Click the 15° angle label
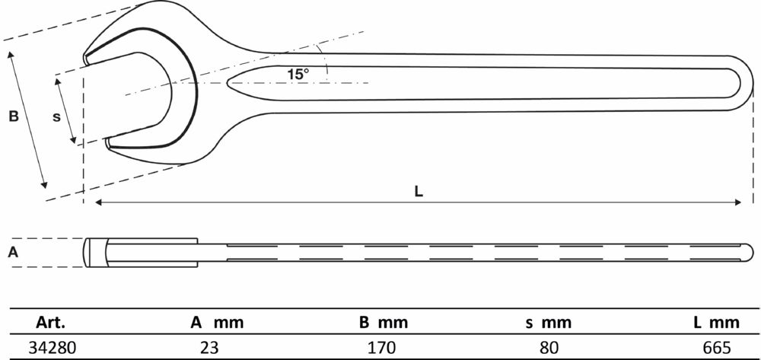tap(298, 75)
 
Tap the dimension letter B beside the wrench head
tap(14, 116)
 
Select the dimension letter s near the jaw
tap(57, 117)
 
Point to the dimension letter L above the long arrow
tap(419, 192)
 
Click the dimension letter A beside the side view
tap(14, 252)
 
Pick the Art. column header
tap(50, 323)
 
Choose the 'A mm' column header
tap(216, 323)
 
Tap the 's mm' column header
tap(549, 323)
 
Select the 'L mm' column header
tap(717, 323)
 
